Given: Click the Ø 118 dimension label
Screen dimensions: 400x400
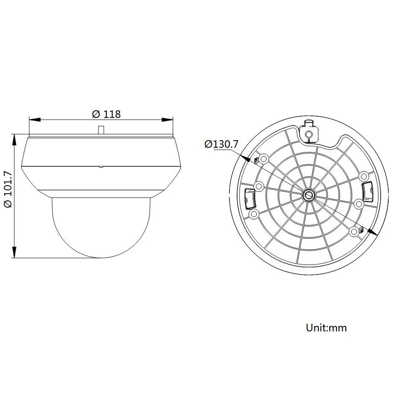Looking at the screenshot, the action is tap(106, 114).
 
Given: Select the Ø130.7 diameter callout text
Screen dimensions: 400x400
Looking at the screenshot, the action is tap(221, 144).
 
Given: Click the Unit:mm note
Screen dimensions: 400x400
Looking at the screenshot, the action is tap(326, 328).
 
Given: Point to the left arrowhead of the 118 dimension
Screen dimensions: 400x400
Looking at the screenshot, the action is tap(35, 120).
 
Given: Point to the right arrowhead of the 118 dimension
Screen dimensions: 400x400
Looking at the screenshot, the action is tap(167, 120).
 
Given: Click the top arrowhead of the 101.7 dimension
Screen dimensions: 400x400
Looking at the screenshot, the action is tap(15, 140).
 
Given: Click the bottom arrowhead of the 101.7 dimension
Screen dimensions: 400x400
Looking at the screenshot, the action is tap(15, 252).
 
